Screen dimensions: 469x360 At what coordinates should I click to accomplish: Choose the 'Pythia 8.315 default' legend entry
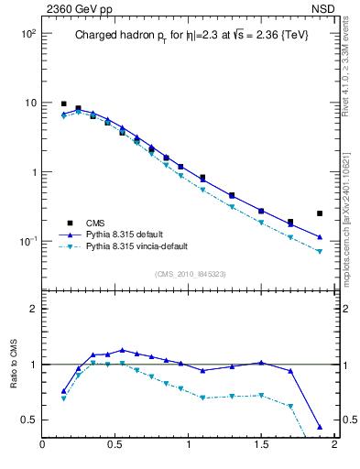point(128,234)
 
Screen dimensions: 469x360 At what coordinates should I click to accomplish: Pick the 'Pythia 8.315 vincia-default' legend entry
point(145,247)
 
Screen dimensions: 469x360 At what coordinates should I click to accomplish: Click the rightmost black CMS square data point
point(320,213)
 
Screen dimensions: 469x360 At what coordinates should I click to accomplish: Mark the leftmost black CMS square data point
point(63,104)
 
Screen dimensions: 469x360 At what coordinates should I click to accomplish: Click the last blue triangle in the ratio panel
point(320,427)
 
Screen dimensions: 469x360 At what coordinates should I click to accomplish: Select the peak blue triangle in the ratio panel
point(122,350)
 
